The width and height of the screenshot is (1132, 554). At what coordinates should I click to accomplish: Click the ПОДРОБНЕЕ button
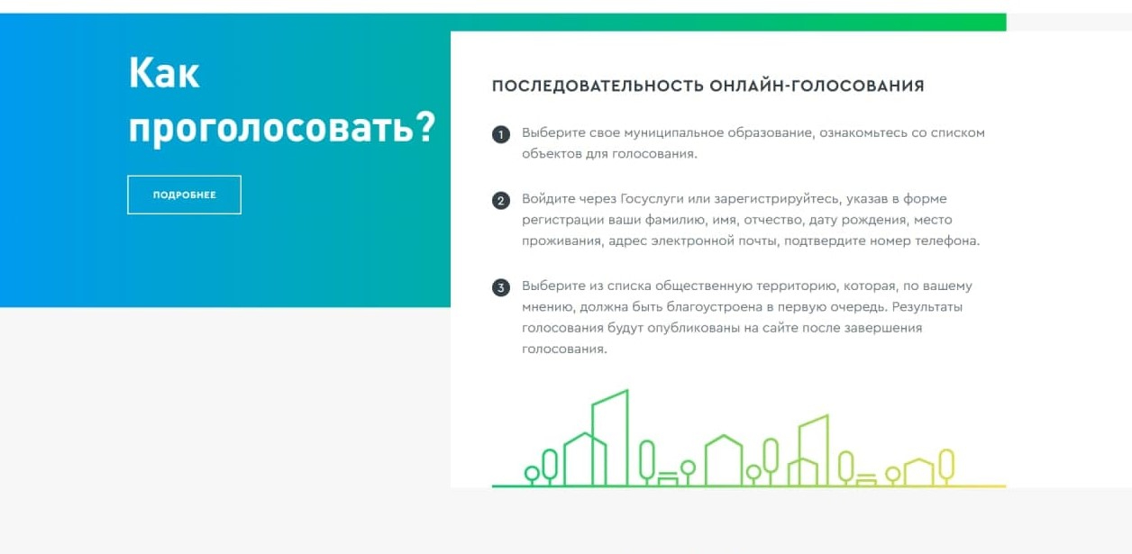pyautogui.click(x=184, y=195)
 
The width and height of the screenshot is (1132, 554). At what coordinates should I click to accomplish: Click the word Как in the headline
pyautogui.click(x=164, y=73)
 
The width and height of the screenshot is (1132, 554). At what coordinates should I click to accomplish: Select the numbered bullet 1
pyautogui.click(x=501, y=135)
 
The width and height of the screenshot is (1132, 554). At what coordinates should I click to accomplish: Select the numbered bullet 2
pyautogui.click(x=501, y=201)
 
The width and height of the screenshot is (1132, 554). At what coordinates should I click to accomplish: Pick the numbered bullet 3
pyautogui.click(x=501, y=288)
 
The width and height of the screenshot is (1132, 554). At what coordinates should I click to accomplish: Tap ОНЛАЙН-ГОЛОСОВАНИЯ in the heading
pyautogui.click(x=817, y=86)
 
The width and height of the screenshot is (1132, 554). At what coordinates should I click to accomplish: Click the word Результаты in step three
pyautogui.click(x=927, y=307)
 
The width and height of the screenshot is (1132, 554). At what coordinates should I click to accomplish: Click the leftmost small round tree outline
pyautogui.click(x=532, y=475)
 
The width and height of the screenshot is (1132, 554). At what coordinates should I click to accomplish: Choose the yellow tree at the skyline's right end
pyautogui.click(x=946, y=466)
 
